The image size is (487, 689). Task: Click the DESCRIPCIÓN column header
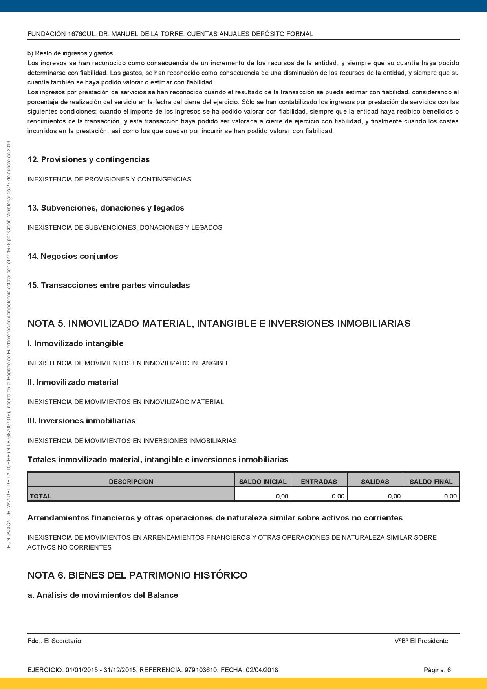pyautogui.click(x=131, y=481)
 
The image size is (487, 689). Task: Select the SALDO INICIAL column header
pyautogui.click(x=263, y=481)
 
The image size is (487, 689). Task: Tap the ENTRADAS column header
pyautogui.click(x=319, y=481)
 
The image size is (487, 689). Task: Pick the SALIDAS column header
pyautogui.click(x=375, y=481)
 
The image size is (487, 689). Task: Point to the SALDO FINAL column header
pyautogui.click(x=431, y=481)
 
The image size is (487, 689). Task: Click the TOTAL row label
pyautogui.click(x=41, y=496)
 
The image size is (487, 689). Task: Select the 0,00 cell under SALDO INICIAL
pyautogui.click(x=282, y=496)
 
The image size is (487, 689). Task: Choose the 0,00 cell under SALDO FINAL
pyautogui.click(x=450, y=496)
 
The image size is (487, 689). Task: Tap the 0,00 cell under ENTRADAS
pyautogui.click(x=338, y=496)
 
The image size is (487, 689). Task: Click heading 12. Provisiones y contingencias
pyautogui.click(x=89, y=159)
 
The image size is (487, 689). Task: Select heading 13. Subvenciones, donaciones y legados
pyautogui.click(x=106, y=208)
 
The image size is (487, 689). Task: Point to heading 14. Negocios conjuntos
pyautogui.click(x=73, y=256)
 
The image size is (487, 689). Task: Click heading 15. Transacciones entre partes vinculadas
pyautogui.click(x=109, y=285)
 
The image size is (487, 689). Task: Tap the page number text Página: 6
pyautogui.click(x=437, y=670)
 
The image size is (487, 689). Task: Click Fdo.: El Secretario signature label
pyautogui.click(x=54, y=641)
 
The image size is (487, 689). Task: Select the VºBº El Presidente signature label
pyautogui.click(x=421, y=641)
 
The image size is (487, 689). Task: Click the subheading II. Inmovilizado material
pyautogui.click(x=73, y=382)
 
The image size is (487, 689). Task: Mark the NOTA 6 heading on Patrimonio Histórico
pyautogui.click(x=137, y=575)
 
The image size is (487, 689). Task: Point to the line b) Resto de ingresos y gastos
pyautogui.click(x=70, y=53)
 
